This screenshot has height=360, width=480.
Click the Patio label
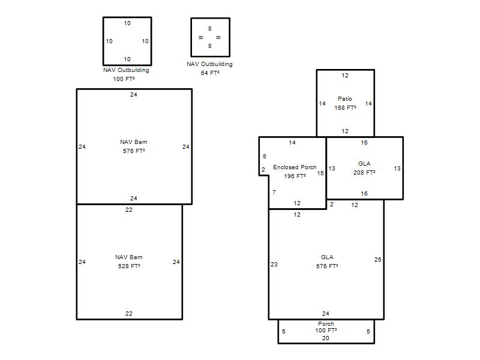[x=344, y=98]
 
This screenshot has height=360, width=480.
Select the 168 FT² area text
[x=345, y=107]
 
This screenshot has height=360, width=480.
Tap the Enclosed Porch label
[x=295, y=167]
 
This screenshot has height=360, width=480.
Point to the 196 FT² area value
[x=295, y=176]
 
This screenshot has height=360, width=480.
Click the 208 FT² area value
[x=364, y=172]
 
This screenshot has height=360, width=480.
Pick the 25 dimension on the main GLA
[x=378, y=260]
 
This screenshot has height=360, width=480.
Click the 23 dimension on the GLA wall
[x=274, y=264]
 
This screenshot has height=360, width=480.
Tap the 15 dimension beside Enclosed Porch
[x=320, y=173]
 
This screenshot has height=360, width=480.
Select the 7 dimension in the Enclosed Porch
[x=274, y=192]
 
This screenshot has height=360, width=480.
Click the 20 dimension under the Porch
[x=325, y=338]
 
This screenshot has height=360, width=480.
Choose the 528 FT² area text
[x=129, y=266]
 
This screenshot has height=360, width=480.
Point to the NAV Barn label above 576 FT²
[x=133, y=142]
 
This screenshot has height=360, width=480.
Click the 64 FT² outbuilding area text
[x=209, y=73]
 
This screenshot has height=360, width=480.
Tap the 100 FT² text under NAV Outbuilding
[x=124, y=79]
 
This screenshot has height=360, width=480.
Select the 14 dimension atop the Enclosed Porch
[x=292, y=143]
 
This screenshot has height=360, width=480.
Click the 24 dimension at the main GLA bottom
[x=325, y=313]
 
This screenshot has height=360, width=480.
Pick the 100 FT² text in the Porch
[x=326, y=331]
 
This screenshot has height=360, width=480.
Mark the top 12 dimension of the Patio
[x=345, y=76]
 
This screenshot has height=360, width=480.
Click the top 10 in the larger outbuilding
[x=127, y=23]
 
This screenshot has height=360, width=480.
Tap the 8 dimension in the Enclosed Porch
[x=265, y=157]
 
